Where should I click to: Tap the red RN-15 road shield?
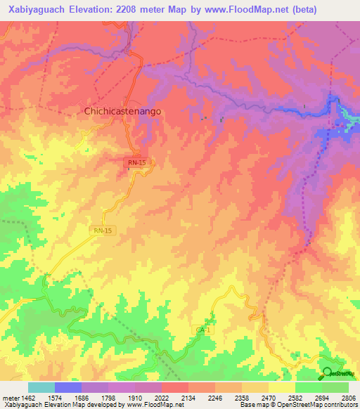[x=137, y=162]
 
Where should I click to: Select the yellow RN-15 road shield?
[x=102, y=230]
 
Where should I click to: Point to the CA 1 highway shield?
[x=203, y=330]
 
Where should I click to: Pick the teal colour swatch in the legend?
[x=41, y=387]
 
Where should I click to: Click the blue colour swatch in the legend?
[x=68, y=387]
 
